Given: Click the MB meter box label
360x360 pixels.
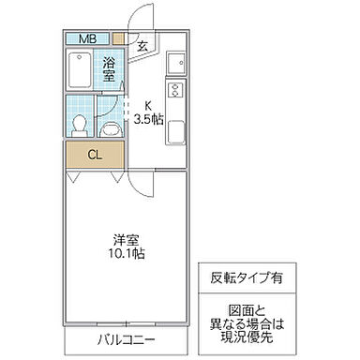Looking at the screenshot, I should point(86,38).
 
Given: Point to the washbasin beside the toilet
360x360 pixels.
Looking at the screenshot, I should point(111,127).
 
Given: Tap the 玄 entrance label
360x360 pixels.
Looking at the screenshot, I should point(142,45).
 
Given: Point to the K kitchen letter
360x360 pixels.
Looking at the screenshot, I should point(146,105).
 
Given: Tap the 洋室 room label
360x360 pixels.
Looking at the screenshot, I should point(127,238).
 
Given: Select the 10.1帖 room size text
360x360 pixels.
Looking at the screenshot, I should point(127,253).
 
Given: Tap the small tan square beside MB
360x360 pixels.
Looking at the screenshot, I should point(118,39).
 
